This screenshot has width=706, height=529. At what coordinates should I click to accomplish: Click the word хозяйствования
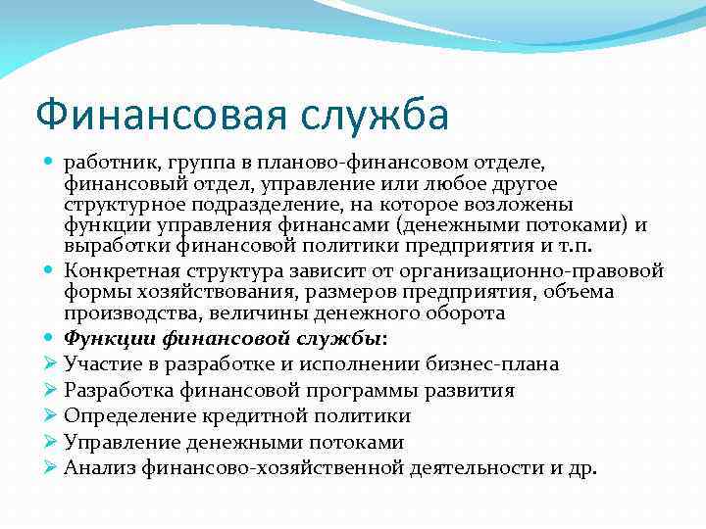(x=182, y=291)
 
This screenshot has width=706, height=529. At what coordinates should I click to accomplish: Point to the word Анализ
(x=98, y=467)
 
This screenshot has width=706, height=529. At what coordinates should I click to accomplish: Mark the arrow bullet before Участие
(x=51, y=364)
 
